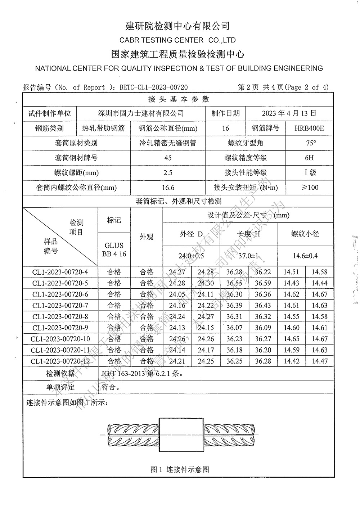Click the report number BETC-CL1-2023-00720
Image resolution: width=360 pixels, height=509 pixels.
(154, 87)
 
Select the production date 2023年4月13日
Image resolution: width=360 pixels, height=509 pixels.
(289, 113)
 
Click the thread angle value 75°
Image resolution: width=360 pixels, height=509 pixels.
(311, 143)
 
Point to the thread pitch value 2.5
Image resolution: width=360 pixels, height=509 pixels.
(168, 173)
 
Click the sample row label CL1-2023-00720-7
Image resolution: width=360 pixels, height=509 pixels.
(60, 306)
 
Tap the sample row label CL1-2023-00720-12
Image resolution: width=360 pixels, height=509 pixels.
(60, 361)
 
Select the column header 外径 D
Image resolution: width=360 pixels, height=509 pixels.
(191, 234)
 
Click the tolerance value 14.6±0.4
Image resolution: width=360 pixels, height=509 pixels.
(305, 256)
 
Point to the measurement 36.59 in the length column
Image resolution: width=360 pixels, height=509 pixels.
(263, 283)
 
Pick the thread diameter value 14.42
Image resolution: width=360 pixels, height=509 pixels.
(291, 361)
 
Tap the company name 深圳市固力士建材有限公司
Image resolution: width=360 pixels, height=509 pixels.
(141, 113)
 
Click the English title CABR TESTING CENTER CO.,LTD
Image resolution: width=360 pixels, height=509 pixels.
(177, 40)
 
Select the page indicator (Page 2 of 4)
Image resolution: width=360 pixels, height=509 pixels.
(307, 87)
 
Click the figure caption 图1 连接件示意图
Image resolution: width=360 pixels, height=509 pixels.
(180, 469)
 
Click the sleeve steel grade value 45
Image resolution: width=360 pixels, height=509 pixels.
(168, 158)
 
